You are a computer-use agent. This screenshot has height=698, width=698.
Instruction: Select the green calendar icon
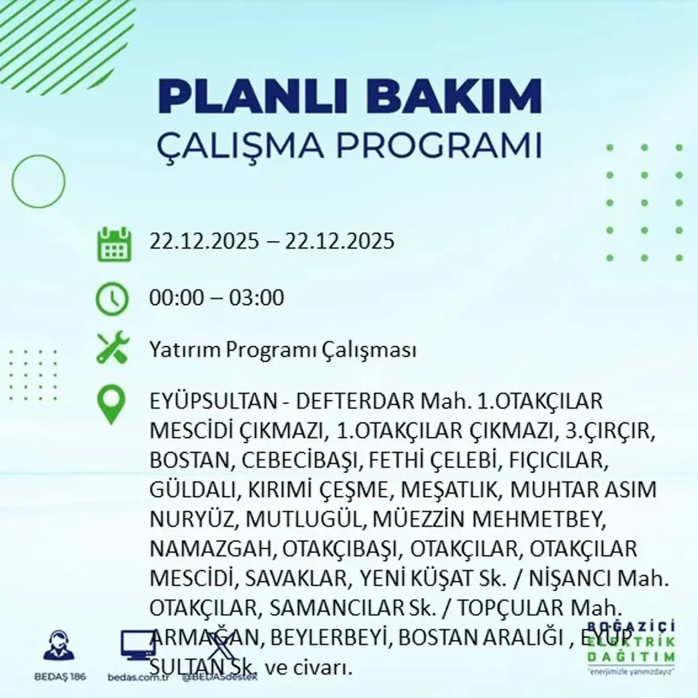(114, 244)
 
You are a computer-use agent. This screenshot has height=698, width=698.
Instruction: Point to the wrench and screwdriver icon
(112, 349)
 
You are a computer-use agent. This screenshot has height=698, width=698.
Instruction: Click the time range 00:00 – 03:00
(216, 298)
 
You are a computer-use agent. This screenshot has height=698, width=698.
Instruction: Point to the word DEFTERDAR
(355, 402)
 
